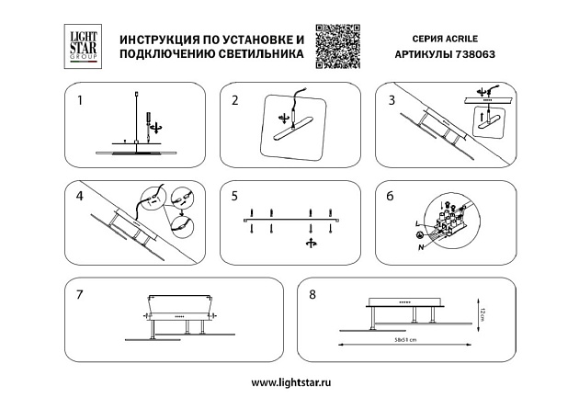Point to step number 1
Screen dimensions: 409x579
point(80,100)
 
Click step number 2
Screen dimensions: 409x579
point(235,100)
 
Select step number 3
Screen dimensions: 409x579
point(392,100)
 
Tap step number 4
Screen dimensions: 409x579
point(80,197)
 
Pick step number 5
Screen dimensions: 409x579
point(235,197)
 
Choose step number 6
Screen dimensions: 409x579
point(391,197)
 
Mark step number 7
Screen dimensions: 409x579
point(81,294)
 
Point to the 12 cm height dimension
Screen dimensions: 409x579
point(479,316)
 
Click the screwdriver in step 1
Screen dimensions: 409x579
point(146,119)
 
